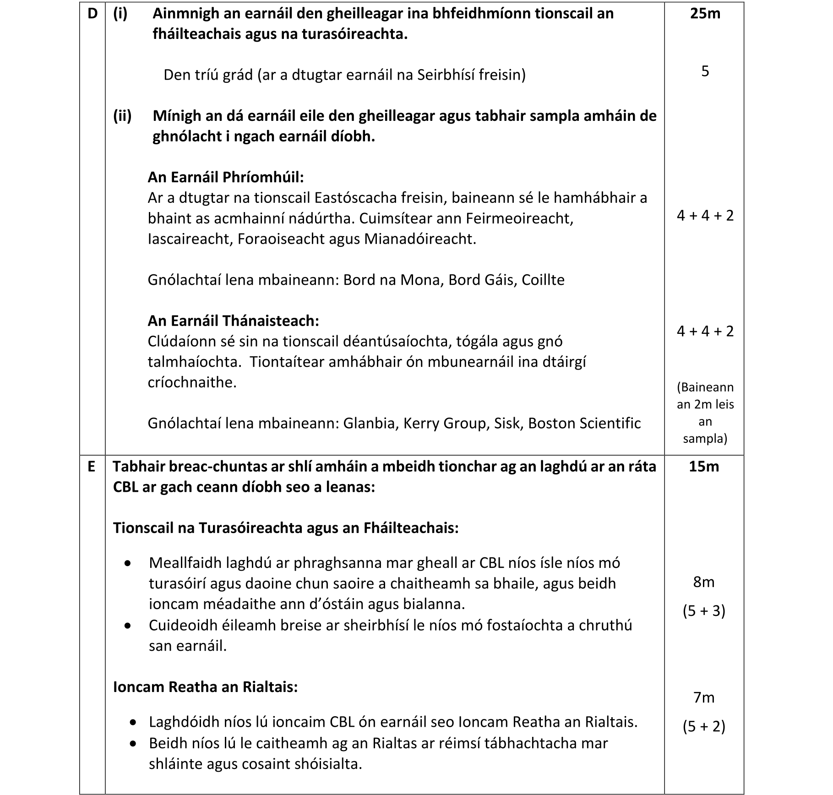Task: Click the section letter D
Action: [x=92, y=14]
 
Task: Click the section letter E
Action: [x=92, y=467]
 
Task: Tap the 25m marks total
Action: [x=705, y=14]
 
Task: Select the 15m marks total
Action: [x=704, y=467]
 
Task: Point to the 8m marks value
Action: [x=704, y=582]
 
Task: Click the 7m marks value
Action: [x=704, y=697]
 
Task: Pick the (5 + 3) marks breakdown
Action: [x=704, y=611]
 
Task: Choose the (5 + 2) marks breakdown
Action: [x=704, y=726]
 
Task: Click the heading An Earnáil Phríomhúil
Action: [x=226, y=177]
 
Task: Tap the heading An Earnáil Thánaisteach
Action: [x=233, y=321]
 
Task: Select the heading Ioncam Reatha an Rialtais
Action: [x=205, y=687]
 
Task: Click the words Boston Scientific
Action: [x=584, y=423]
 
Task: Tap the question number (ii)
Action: [x=122, y=116]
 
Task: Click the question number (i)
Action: [x=120, y=14]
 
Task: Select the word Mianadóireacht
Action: [x=420, y=239]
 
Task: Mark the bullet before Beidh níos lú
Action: [x=133, y=743]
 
